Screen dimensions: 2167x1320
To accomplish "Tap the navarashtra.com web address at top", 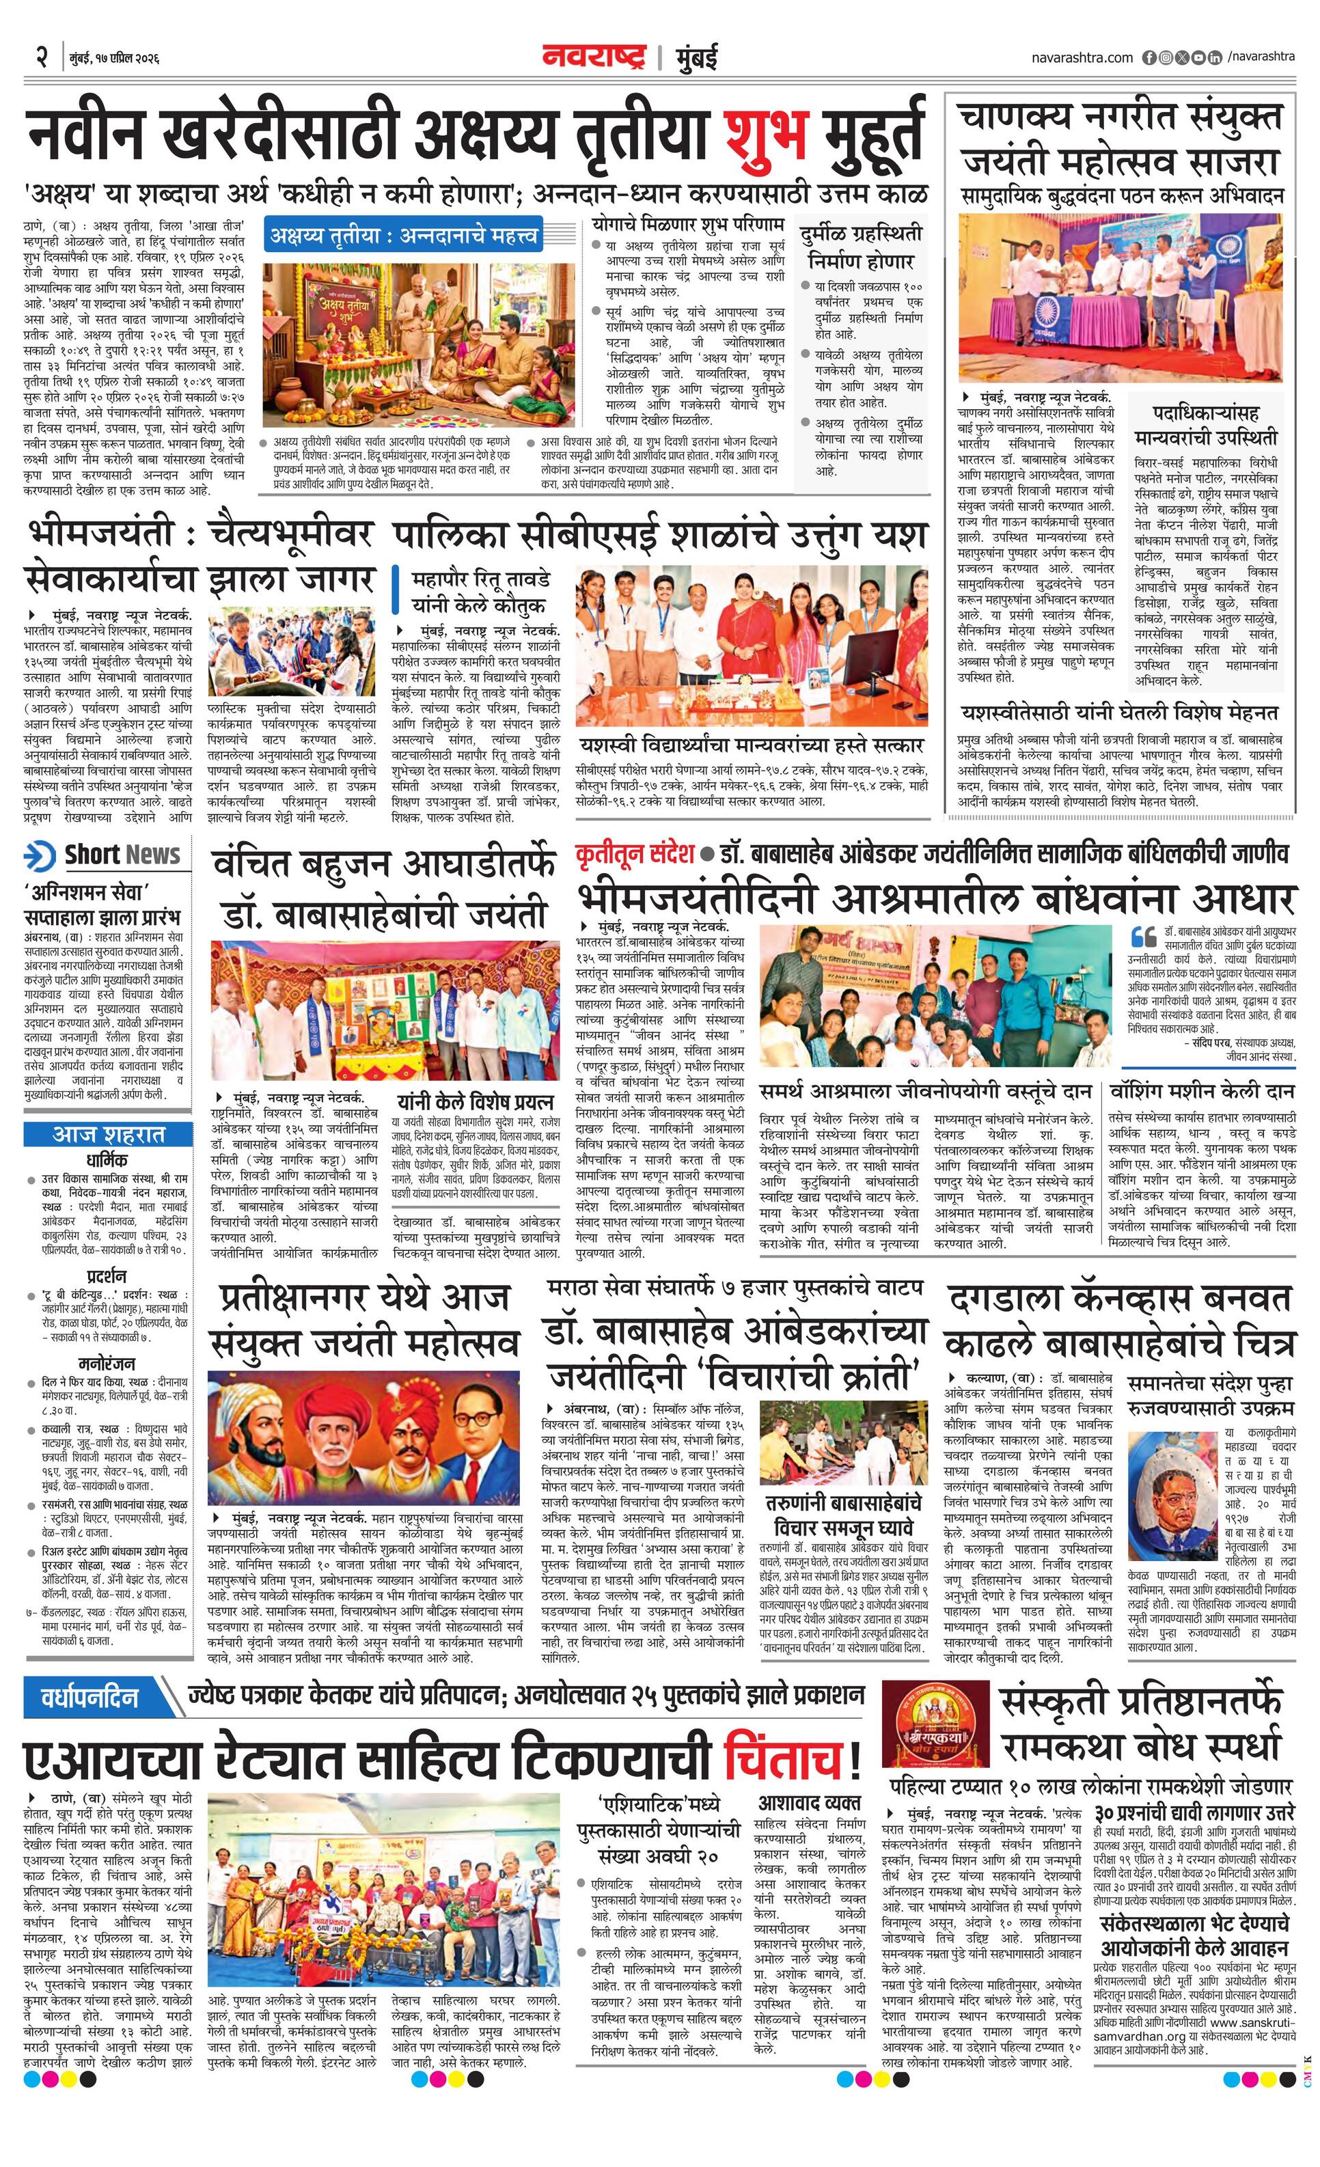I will (1082, 58).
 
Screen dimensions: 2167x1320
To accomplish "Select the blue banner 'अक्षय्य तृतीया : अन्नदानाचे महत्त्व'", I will (404, 236).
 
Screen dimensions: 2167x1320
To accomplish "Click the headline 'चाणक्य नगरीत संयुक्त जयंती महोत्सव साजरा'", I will (1120, 139).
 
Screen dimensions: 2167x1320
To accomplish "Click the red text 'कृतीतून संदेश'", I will (635, 854).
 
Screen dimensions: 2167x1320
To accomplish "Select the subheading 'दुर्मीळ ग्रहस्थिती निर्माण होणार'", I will (861, 247).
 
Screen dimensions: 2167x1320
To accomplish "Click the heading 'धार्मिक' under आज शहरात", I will (107, 1160).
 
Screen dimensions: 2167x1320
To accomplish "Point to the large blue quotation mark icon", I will (1143, 936).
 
